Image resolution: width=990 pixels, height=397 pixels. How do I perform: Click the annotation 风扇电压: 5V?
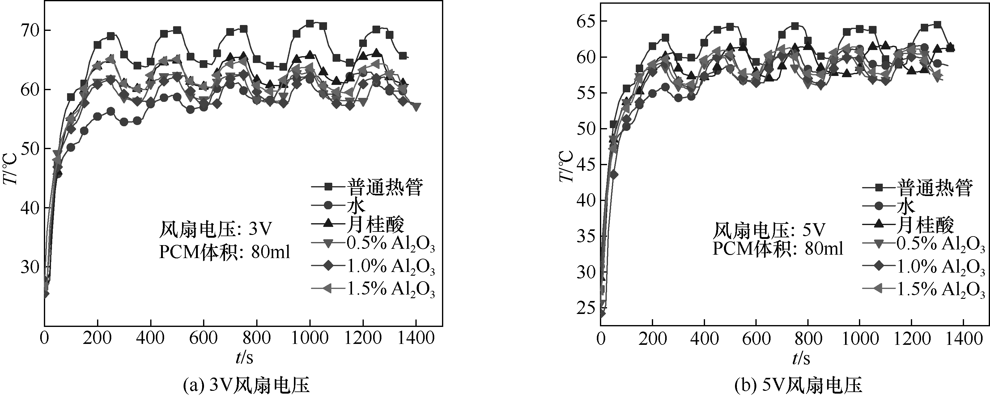click(769, 231)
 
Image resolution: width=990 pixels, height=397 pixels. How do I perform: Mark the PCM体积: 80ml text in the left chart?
click(224, 252)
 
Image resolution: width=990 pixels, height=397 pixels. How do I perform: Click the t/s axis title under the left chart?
click(244, 357)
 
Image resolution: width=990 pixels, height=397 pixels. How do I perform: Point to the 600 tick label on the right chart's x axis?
click(756, 339)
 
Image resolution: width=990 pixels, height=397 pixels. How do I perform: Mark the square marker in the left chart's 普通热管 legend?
click(328, 187)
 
